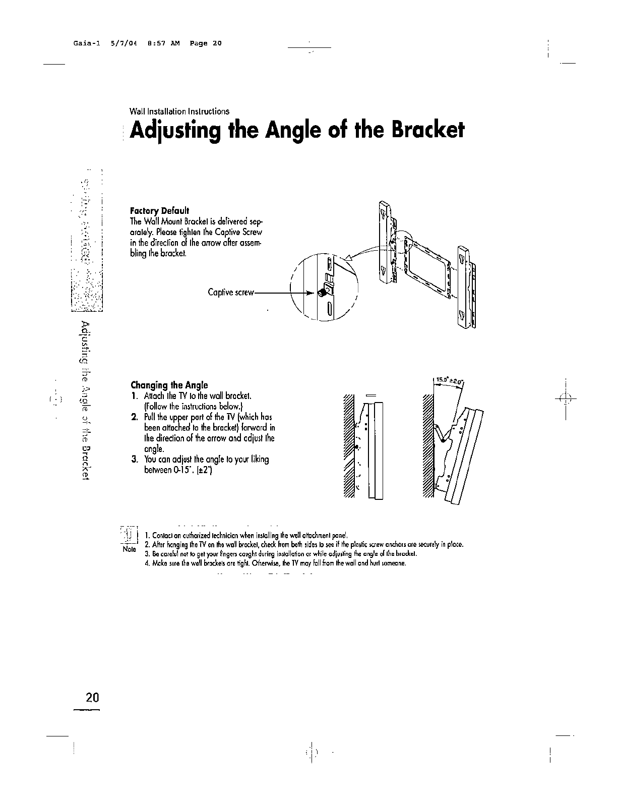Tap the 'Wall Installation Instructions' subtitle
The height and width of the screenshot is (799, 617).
179,111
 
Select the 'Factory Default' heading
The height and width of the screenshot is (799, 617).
159,210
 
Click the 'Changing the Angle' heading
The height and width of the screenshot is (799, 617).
169,385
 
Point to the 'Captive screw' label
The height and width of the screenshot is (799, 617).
231,293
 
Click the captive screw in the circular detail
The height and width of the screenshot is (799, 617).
321,292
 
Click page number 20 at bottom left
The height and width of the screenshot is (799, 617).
92,698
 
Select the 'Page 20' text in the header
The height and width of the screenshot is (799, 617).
205,43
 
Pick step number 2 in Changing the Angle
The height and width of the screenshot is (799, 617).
135,417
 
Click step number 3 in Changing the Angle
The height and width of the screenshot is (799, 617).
134,460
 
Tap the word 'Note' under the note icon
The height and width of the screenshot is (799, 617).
130,549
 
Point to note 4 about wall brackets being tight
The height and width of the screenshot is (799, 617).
275,563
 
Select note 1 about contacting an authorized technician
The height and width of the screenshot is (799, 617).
246,536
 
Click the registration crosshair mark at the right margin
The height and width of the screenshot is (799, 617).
566,398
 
